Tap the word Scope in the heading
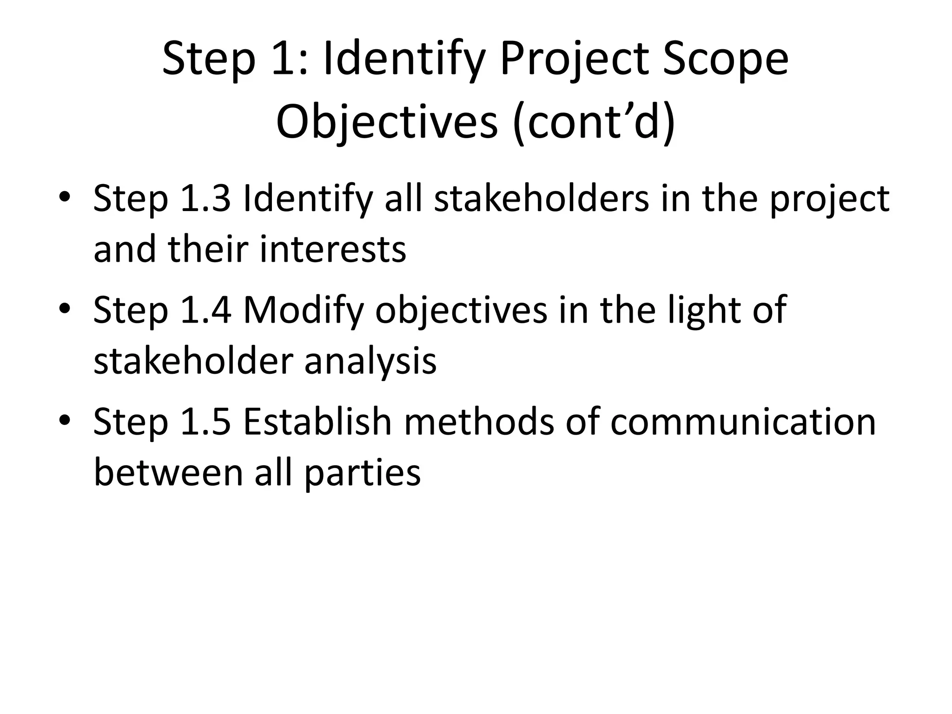pyautogui.click(x=725, y=59)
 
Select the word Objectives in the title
pyautogui.click(x=387, y=122)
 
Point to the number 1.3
pyautogui.click(x=205, y=199)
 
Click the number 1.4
pyautogui.click(x=205, y=311)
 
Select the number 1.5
pyautogui.click(x=205, y=422)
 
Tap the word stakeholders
pyautogui.click(x=541, y=199)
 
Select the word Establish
pyautogui.click(x=317, y=422)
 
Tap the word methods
pyautogui.click(x=479, y=422)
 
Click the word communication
pyautogui.click(x=743, y=422)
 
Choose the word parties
pyautogui.click(x=363, y=473)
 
